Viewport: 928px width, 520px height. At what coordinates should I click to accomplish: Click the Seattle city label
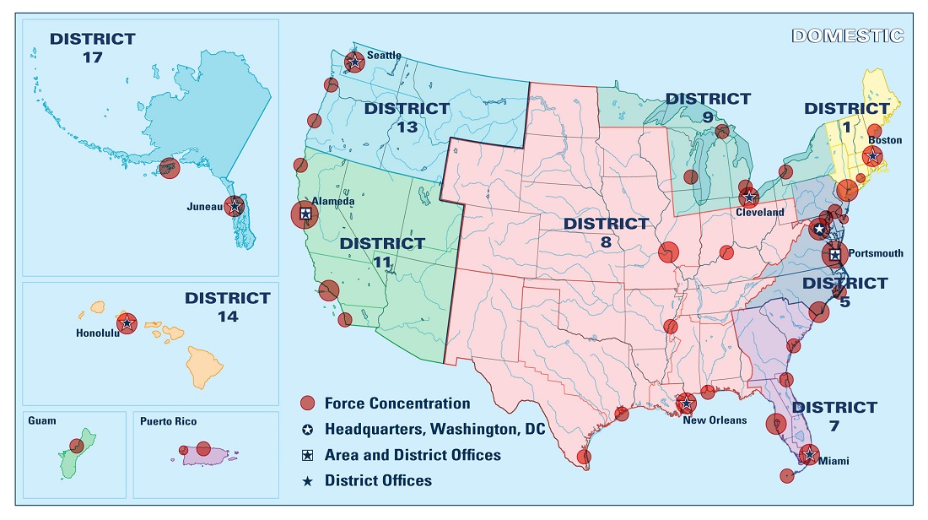(384, 56)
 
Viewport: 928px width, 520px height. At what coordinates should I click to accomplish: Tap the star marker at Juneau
(235, 206)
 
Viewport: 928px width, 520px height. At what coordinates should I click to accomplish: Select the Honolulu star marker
(127, 322)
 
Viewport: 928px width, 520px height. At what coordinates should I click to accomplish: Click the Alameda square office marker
(305, 214)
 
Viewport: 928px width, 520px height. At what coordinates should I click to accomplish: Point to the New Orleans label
(715, 420)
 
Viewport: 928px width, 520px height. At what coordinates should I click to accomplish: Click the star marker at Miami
(809, 455)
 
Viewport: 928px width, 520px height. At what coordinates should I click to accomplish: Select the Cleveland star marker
(748, 198)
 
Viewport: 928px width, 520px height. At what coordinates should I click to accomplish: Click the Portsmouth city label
(876, 253)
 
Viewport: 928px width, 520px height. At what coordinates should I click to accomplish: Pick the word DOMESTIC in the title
(848, 35)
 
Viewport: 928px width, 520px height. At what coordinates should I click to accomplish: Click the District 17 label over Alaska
(93, 47)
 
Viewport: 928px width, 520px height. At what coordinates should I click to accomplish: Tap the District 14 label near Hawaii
(228, 307)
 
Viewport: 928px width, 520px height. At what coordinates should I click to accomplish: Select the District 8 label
(606, 232)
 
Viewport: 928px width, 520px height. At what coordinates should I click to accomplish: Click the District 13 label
(407, 117)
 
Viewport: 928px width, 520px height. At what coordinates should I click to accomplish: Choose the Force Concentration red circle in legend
(308, 404)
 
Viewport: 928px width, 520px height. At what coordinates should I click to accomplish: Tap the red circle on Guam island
(77, 446)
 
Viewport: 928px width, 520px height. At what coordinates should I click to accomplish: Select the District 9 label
(708, 107)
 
